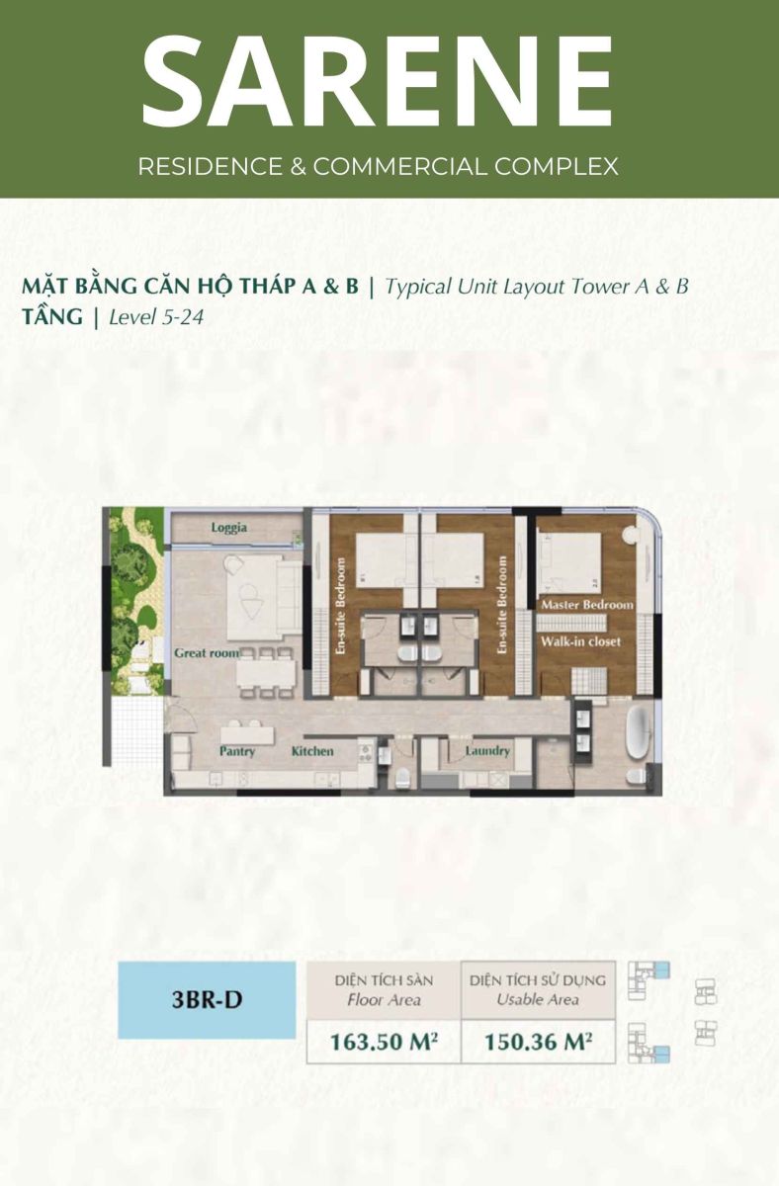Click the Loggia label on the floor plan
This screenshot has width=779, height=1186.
click(x=228, y=528)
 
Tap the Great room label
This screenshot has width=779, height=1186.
click(x=207, y=653)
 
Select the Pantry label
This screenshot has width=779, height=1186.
click(x=237, y=751)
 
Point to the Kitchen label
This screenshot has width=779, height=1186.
click(x=312, y=751)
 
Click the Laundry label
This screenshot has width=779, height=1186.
click(x=487, y=751)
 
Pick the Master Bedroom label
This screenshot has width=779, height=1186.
click(x=587, y=605)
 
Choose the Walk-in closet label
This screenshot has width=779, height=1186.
click(x=580, y=641)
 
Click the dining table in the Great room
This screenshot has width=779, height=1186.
click(x=266, y=672)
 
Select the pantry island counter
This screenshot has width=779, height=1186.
click(x=248, y=735)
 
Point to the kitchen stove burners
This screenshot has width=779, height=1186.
click(x=366, y=753)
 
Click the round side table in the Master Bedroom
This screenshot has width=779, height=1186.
click(x=630, y=535)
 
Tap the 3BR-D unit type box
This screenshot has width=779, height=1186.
click(x=207, y=999)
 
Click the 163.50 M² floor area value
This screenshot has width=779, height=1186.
click(x=384, y=1042)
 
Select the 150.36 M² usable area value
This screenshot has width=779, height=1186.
click(x=538, y=1042)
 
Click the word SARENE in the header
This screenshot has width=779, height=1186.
click(x=378, y=81)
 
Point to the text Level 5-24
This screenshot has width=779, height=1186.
click(x=156, y=317)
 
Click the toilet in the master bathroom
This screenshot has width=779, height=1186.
click(x=636, y=776)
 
